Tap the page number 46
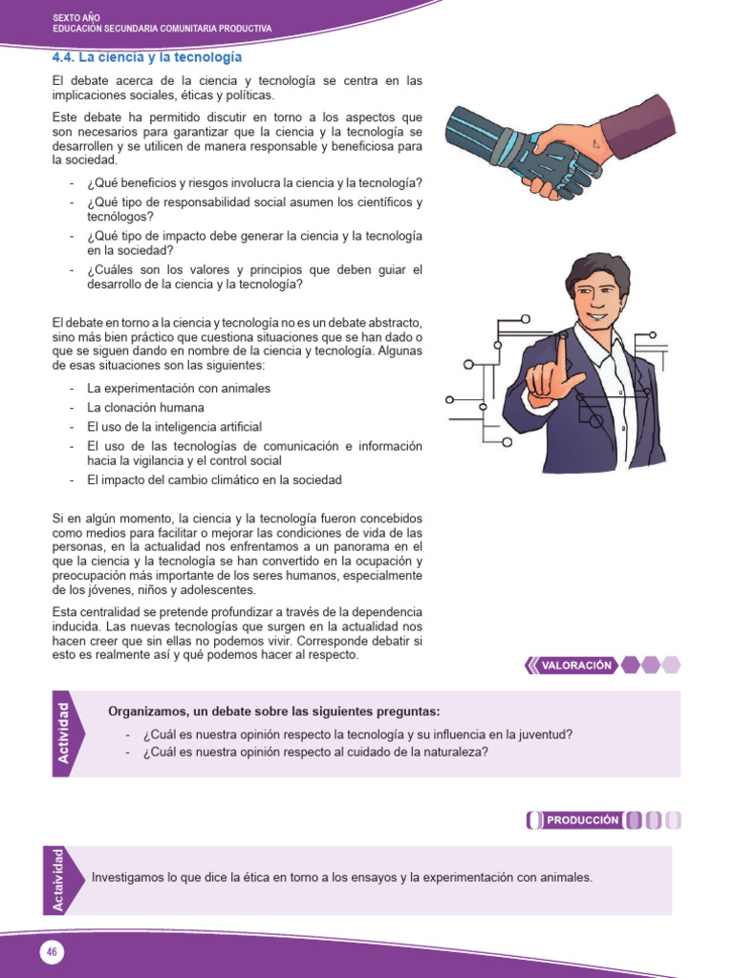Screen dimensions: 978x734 51,951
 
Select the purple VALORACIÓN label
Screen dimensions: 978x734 575,666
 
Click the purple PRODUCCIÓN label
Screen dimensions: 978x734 582,819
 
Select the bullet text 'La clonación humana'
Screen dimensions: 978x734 145,408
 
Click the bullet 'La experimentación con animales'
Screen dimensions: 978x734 179,389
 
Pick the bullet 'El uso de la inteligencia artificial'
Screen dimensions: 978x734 174,427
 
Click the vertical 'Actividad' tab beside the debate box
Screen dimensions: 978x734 65,733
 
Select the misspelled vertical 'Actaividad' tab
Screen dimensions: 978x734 60,880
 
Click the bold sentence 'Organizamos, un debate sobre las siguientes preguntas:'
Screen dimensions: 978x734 274,712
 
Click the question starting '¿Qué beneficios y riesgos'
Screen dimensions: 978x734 254,183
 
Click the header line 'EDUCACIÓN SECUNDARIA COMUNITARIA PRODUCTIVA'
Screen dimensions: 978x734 162,29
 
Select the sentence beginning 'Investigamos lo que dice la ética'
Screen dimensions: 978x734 341,877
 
